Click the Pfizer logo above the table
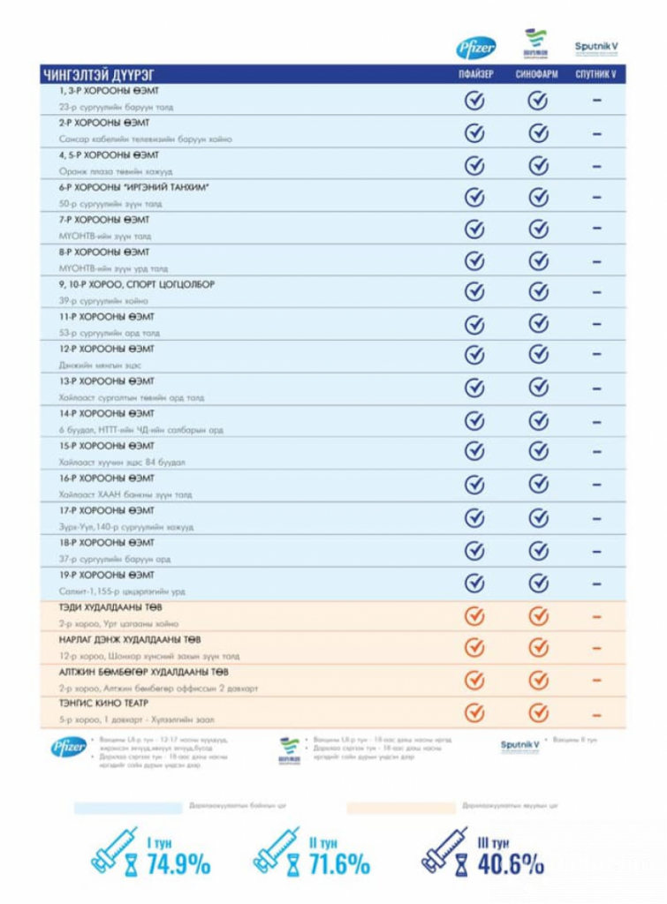[x=475, y=48]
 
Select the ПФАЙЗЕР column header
[x=475, y=75]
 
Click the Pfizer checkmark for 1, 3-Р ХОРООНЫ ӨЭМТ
[x=475, y=101]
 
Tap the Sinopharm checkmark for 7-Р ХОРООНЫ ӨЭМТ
[x=537, y=229]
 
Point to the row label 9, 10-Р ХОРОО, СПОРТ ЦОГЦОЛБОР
[x=136, y=284]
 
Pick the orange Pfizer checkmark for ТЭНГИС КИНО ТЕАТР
[x=475, y=712]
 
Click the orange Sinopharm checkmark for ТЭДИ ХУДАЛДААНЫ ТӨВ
[x=537, y=615]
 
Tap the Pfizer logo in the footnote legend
[x=68, y=747]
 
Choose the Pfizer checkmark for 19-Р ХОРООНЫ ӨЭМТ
[x=475, y=583]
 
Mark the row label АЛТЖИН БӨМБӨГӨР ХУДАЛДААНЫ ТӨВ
[x=139, y=672]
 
